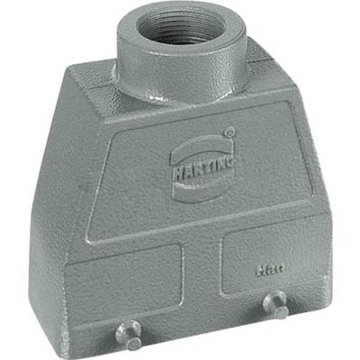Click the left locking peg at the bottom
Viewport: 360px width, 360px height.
point(132,341)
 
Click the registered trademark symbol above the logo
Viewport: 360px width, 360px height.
point(230,132)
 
